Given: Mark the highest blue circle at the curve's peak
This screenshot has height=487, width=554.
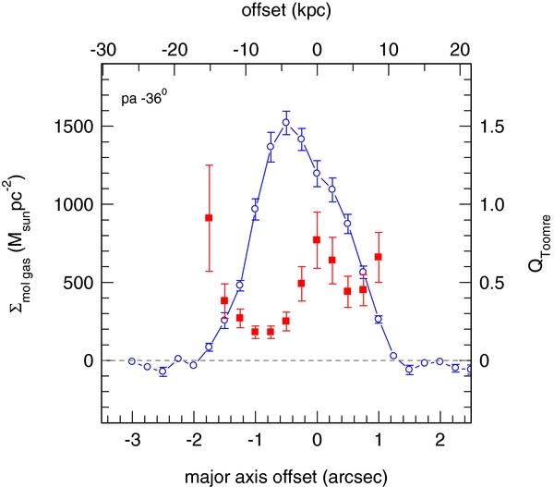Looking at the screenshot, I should [x=286, y=122].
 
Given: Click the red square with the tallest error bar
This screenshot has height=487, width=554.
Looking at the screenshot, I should [x=209, y=217].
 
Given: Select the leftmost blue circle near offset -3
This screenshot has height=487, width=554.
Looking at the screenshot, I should [x=132, y=361].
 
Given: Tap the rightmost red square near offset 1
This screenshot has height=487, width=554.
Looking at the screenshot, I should [x=378, y=257].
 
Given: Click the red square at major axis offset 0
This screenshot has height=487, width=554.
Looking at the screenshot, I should [x=317, y=240].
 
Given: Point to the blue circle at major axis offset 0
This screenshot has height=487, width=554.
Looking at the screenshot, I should [x=317, y=173].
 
